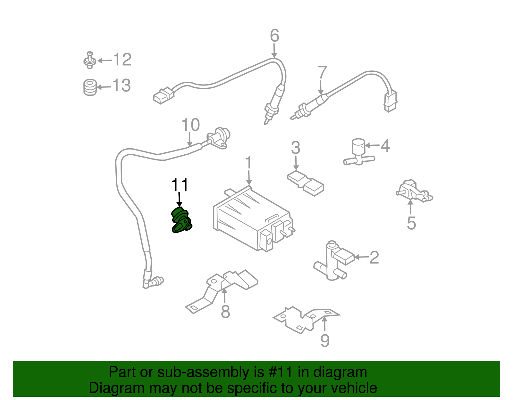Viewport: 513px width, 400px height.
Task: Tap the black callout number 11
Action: click(x=180, y=185)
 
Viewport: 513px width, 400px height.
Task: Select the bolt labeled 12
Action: click(x=90, y=60)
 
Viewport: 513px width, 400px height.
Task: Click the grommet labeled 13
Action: click(x=90, y=87)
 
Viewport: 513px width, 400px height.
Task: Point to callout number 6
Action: click(x=274, y=36)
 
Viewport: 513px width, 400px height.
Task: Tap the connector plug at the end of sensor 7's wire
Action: click(x=390, y=101)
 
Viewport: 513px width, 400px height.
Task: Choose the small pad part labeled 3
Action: click(x=305, y=183)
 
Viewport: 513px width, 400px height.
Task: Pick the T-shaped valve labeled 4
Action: click(x=358, y=152)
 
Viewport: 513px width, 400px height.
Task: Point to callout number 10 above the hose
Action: click(x=190, y=125)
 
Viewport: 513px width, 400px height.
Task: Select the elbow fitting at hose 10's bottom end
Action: click(x=152, y=282)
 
